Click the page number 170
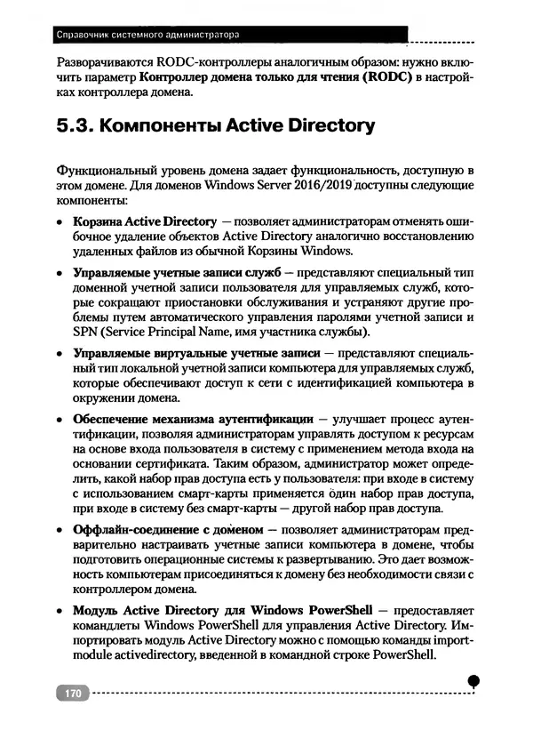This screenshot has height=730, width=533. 73,692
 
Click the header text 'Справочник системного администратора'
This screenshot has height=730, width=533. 147,36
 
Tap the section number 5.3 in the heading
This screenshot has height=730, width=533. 74,126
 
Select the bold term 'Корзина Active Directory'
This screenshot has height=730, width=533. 144,221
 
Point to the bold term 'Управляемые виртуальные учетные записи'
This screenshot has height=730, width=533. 195,352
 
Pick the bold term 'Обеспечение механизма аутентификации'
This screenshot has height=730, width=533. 192,417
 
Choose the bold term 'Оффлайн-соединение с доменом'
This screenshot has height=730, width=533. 169,531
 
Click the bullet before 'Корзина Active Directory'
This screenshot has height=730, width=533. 60,221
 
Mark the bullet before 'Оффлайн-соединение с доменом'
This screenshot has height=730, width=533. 60,532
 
